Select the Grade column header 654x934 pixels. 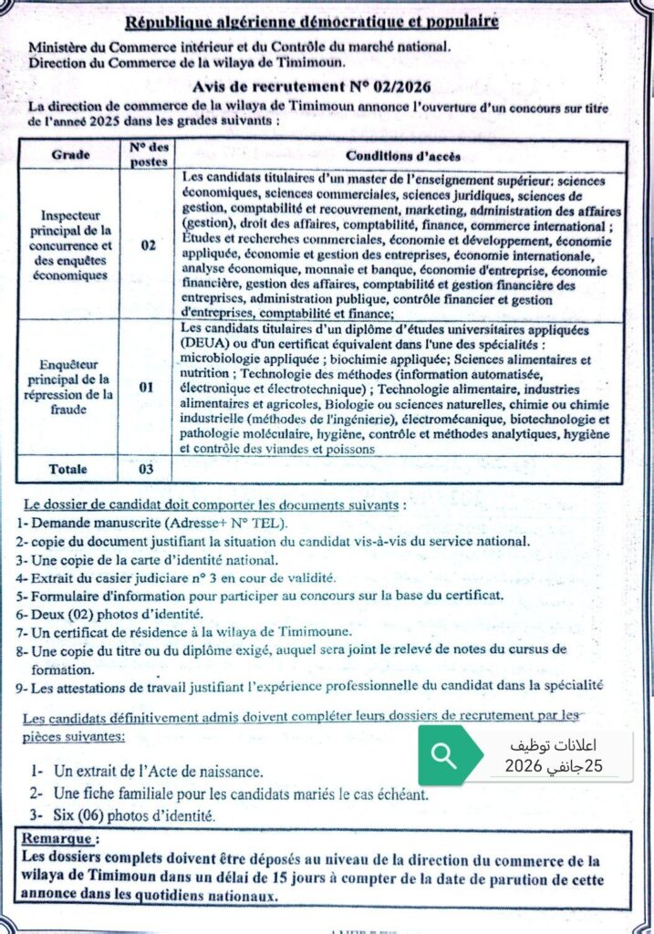pyautogui.click(x=70, y=155)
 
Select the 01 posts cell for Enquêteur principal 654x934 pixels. pyautogui.click(x=147, y=387)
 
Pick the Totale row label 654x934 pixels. pyautogui.click(x=69, y=469)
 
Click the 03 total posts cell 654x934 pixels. pyautogui.click(x=146, y=469)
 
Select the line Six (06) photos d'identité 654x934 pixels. pyautogui.click(x=132, y=815)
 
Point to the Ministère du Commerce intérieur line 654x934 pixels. pyautogui.click(x=238, y=47)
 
